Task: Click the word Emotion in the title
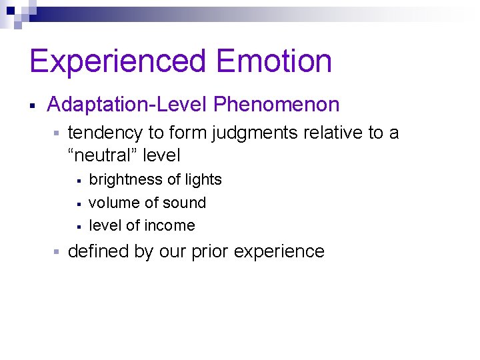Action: coord(274,61)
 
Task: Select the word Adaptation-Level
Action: coord(127,105)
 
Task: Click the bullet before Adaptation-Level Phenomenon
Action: coord(32,105)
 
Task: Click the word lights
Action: coord(203,180)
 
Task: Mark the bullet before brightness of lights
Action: coord(78,181)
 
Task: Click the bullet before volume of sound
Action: coord(78,203)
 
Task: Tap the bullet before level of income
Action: coord(78,226)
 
